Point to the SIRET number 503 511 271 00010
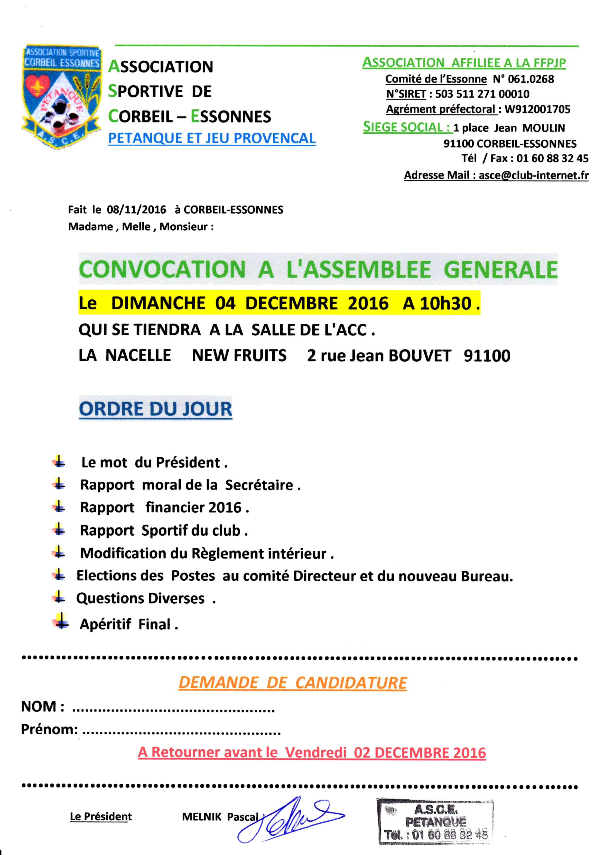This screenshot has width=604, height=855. click(482, 94)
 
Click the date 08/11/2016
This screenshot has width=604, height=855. click(136, 210)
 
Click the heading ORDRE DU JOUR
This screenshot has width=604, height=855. click(155, 409)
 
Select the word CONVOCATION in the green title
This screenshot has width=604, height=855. click(162, 269)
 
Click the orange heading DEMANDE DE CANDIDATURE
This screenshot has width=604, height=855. click(293, 682)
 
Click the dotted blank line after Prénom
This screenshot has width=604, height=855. click(181, 733)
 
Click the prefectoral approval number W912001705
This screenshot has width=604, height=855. click(537, 109)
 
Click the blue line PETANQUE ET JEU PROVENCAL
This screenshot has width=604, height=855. click(211, 138)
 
